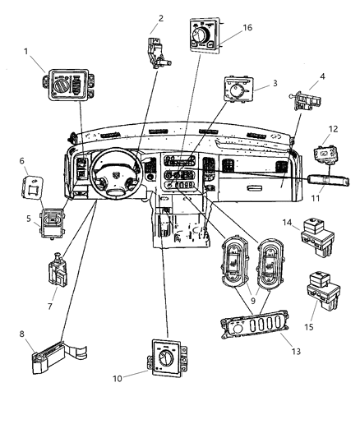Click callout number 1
(x=28, y=52)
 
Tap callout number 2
(x=161, y=17)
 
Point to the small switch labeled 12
(x=326, y=153)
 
